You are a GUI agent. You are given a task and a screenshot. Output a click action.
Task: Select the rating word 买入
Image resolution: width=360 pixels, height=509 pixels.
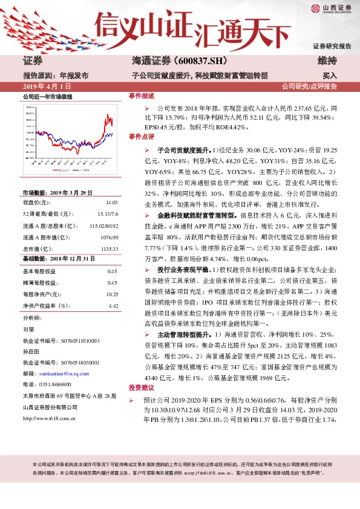pyautogui.click(x=330, y=76)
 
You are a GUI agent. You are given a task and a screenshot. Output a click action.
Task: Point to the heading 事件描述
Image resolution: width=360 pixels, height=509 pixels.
pyautogui.click(x=142, y=96)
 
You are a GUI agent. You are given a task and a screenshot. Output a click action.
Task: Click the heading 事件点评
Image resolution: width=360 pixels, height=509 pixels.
pyautogui.click(x=142, y=137)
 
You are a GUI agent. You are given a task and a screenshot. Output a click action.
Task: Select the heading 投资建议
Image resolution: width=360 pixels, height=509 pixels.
pyautogui.click(x=142, y=386)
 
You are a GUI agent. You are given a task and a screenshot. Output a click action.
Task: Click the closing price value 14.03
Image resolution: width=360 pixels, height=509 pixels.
pyautogui.click(x=111, y=203)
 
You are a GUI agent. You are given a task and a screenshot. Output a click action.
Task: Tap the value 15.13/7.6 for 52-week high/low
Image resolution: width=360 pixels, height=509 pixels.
pyautogui.click(x=106, y=215)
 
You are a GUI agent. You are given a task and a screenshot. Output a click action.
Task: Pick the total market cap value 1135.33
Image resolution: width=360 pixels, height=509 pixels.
pyautogui.click(x=108, y=248)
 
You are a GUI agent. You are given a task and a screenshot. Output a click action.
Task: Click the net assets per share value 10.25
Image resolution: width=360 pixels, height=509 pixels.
pyautogui.click(x=111, y=294)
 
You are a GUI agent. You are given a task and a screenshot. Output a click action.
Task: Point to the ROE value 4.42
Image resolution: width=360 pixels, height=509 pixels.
pyautogui.click(x=113, y=306)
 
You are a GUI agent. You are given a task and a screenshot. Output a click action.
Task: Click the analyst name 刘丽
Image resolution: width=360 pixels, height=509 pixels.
pyautogui.click(x=28, y=329)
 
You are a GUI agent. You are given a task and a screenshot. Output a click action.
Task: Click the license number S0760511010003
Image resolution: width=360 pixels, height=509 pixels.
pyautogui.click(x=71, y=340)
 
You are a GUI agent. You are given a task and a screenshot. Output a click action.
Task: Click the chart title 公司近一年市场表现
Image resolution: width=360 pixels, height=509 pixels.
pyautogui.click(x=47, y=97)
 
